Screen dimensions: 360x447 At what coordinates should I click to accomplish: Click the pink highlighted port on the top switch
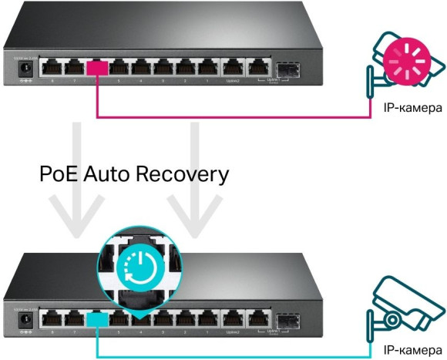(97, 69)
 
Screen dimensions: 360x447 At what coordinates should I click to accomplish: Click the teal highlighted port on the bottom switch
(97, 318)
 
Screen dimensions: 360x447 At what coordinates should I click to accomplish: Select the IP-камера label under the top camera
(412, 108)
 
